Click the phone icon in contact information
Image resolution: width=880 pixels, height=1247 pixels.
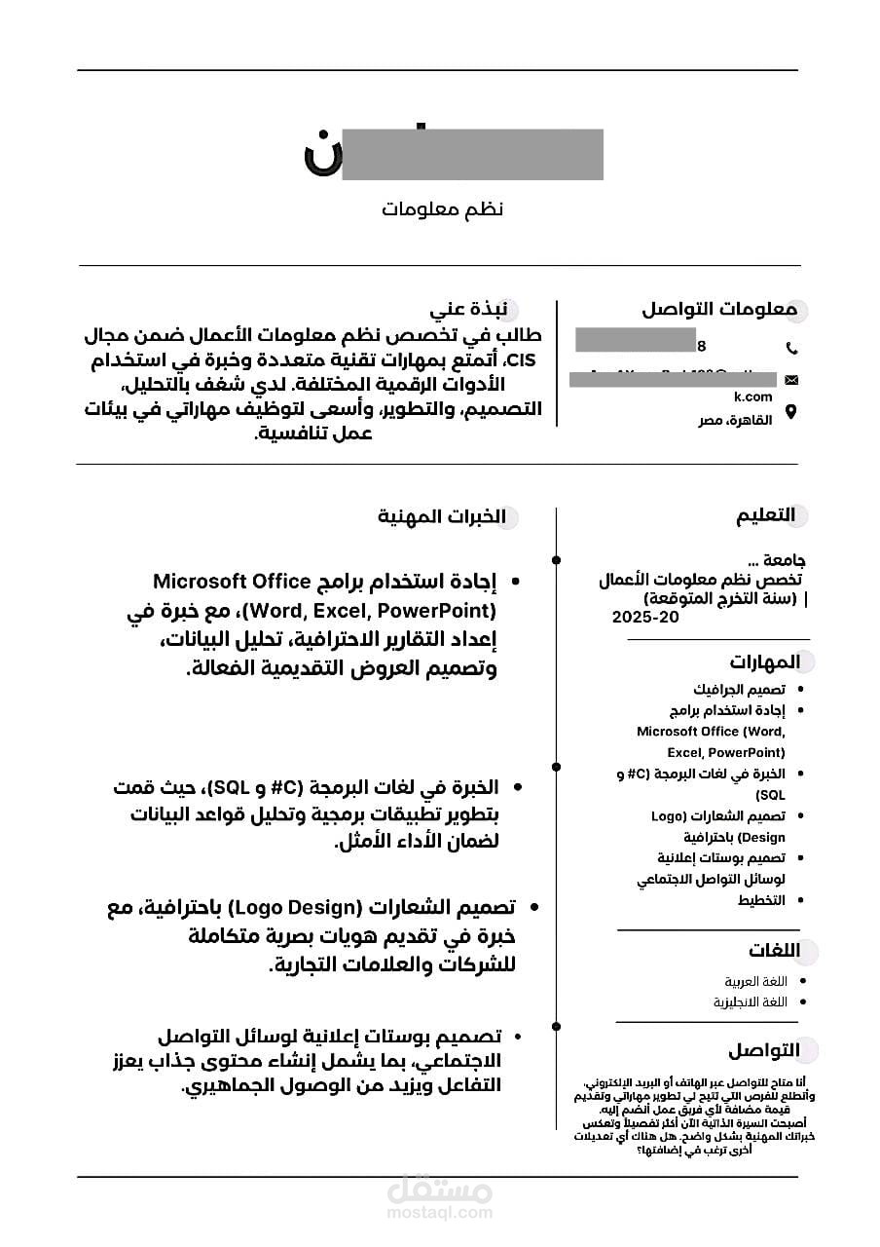tap(791, 348)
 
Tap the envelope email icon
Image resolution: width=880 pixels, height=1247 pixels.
tap(791, 379)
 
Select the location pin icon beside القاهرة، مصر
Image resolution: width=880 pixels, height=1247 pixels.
tap(791, 412)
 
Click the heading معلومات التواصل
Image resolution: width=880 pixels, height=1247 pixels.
tap(718, 310)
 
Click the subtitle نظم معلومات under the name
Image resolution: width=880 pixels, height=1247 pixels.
tap(442, 209)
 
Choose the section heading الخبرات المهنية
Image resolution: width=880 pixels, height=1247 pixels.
tap(442, 515)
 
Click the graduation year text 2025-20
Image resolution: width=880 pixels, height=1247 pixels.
tap(644, 618)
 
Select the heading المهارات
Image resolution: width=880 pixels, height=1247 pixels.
tap(764, 662)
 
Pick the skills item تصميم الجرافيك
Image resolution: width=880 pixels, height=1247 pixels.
tap(739, 690)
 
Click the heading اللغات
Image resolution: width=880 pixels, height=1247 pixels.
tap(774, 951)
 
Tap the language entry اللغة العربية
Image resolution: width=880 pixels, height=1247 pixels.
tap(755, 981)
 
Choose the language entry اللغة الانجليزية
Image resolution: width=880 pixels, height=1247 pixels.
tap(750, 1001)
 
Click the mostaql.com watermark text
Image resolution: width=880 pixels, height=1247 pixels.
tap(440, 1214)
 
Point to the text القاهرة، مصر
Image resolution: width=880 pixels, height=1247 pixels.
tap(737, 420)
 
